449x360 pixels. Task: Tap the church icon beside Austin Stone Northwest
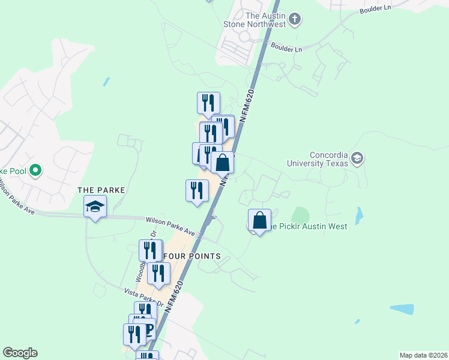[295, 19]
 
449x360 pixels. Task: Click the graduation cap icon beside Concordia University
[357, 158]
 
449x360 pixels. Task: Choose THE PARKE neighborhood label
[101, 190]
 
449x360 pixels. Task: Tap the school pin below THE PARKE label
[95, 207]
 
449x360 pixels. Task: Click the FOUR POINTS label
[192, 256]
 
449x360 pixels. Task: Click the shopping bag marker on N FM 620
[222, 163]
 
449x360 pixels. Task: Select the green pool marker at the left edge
[35, 171]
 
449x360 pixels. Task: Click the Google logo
[20, 353]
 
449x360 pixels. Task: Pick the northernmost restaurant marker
[208, 103]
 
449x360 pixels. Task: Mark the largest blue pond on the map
[402, 310]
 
